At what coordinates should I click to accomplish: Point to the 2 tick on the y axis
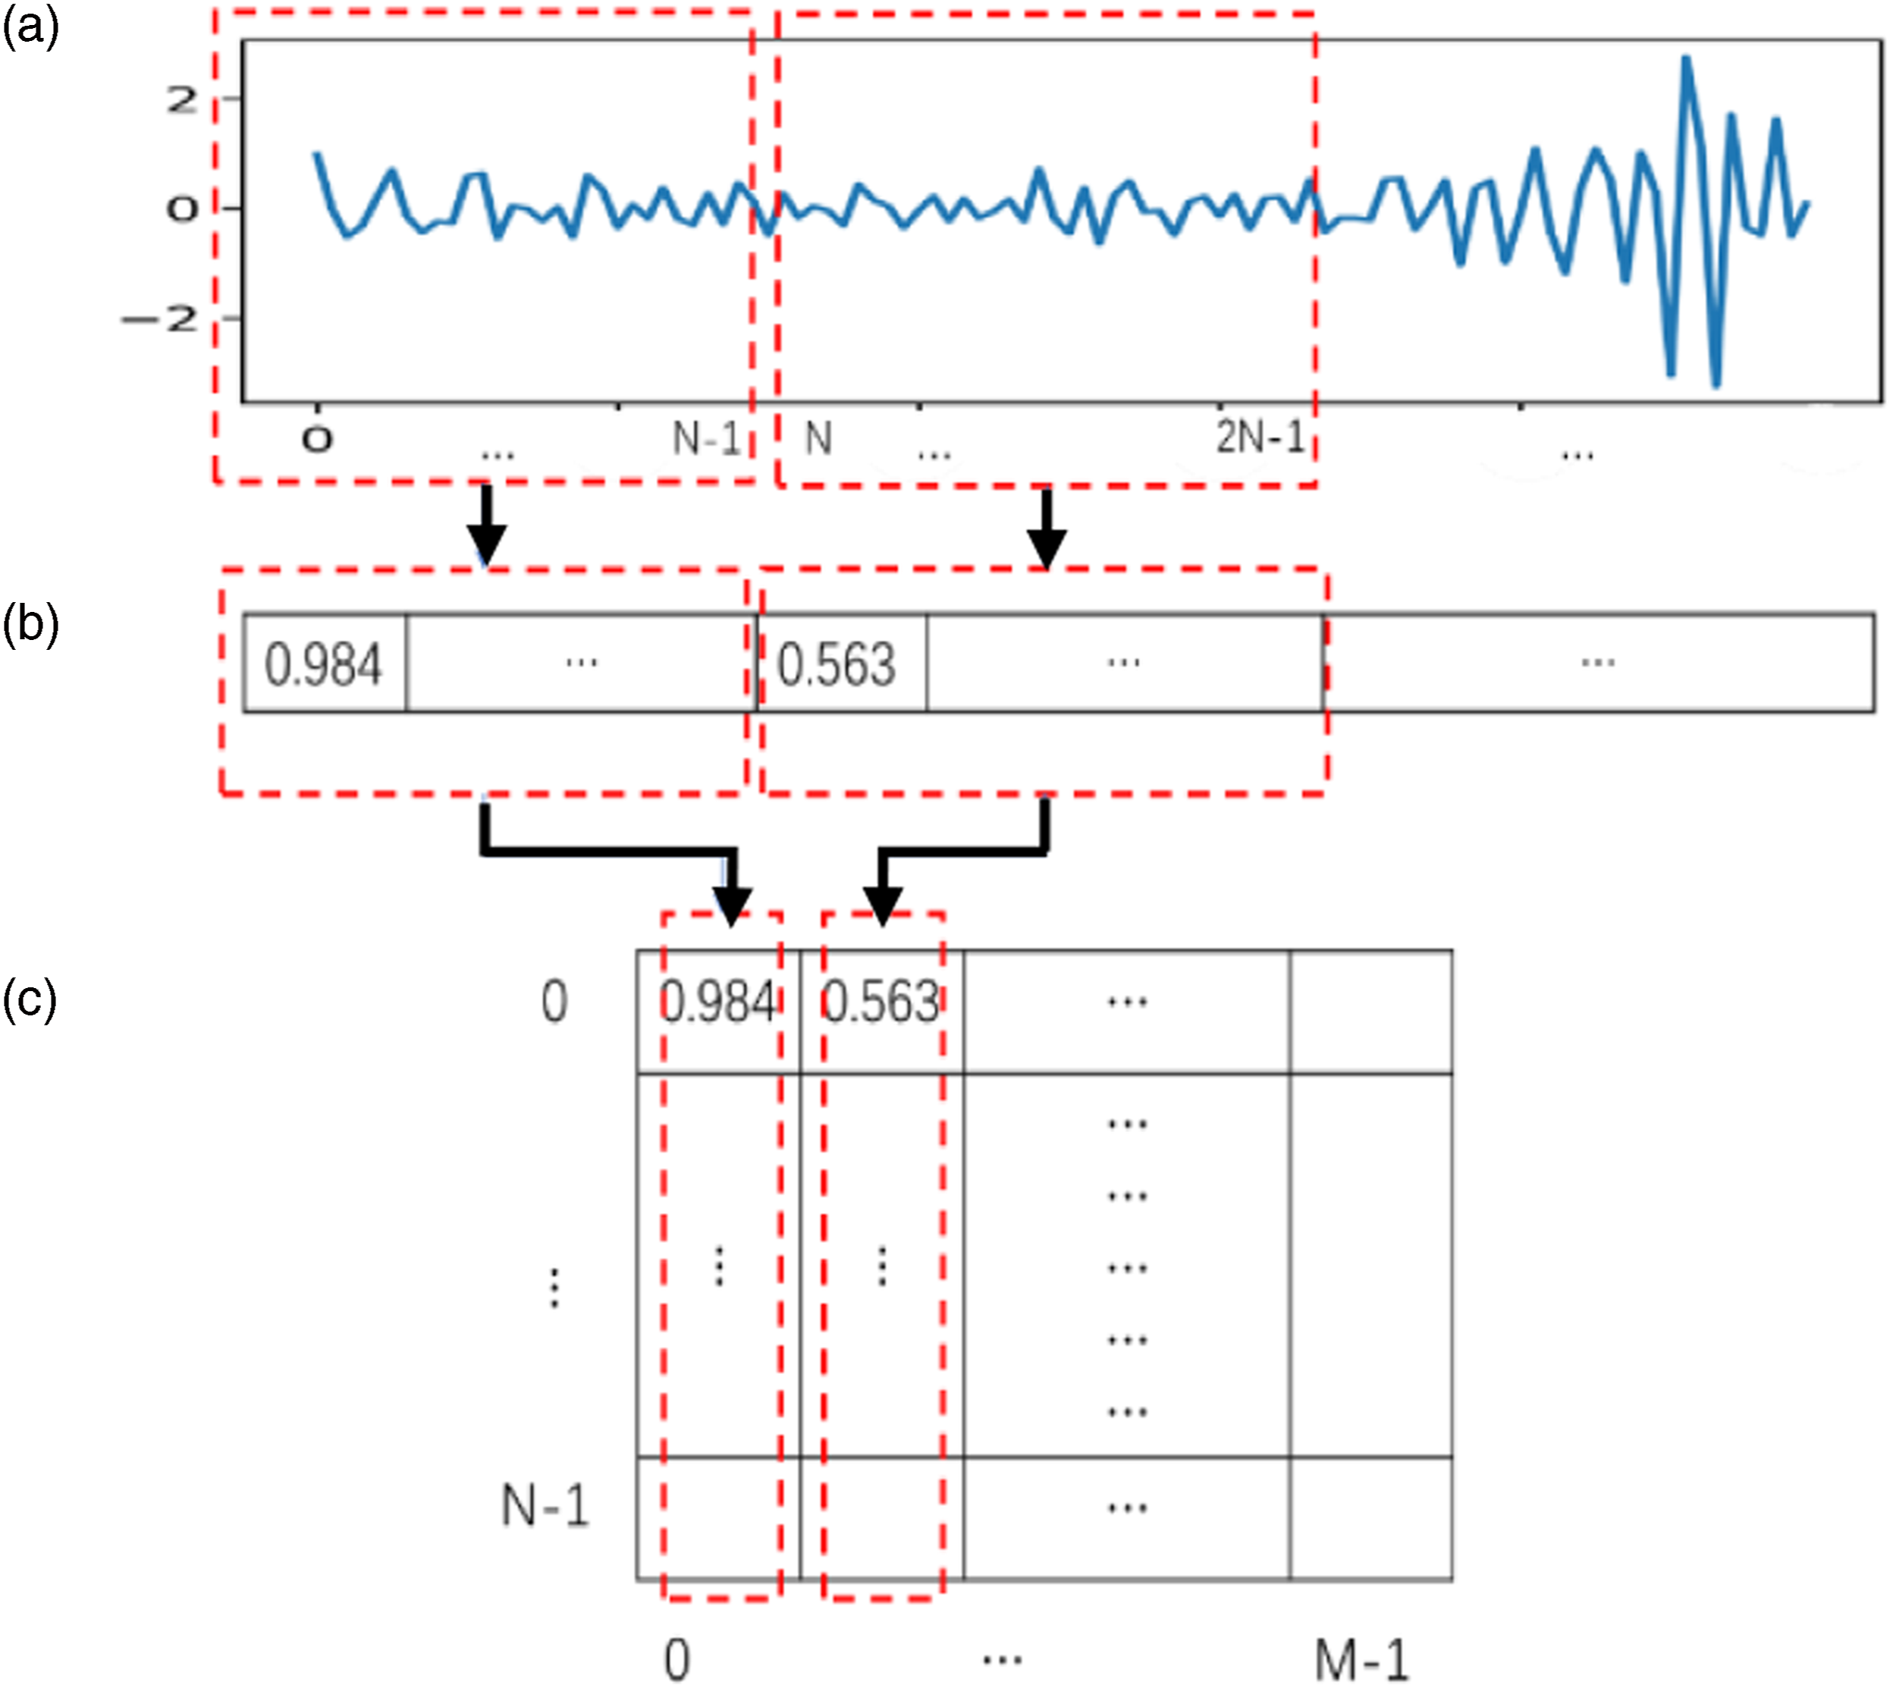(182, 99)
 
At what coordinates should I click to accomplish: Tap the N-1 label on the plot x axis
(707, 438)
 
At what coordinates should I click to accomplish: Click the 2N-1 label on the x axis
(1260, 437)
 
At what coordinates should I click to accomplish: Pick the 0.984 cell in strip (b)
(325, 663)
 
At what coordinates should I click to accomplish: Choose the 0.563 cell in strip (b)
(842, 663)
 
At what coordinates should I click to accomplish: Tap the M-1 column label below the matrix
(1361, 1659)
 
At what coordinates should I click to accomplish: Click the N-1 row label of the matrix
(545, 1504)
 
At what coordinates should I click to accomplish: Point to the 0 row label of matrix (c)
(554, 1002)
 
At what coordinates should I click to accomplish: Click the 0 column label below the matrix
(677, 1660)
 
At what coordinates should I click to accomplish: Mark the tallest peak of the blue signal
(1686, 59)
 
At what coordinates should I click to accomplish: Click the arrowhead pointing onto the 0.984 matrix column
(732, 905)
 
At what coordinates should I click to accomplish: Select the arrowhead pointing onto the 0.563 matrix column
(883, 905)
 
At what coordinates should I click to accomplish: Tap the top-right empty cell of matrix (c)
(1370, 1012)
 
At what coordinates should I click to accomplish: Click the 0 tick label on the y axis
(183, 209)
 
